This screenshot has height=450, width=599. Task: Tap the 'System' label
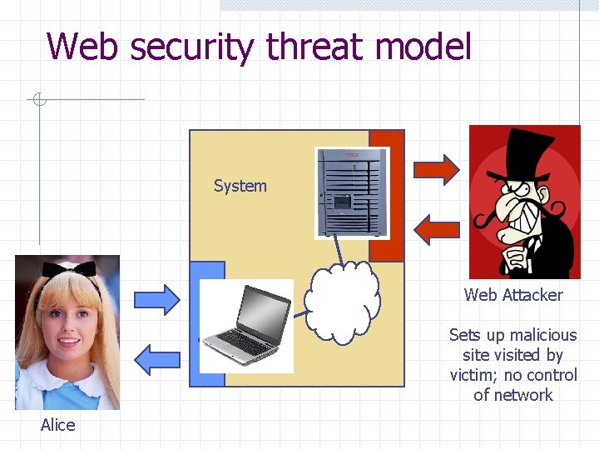tap(240, 186)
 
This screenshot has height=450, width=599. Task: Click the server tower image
tap(351, 192)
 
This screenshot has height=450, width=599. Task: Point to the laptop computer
tap(246, 325)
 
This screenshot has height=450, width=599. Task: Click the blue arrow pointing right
tap(158, 298)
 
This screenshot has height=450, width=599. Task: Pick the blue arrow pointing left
tap(156, 358)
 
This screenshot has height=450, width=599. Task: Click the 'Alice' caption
tap(57, 425)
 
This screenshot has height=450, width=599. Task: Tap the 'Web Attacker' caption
tap(513, 295)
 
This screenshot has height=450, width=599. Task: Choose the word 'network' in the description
tap(523, 395)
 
